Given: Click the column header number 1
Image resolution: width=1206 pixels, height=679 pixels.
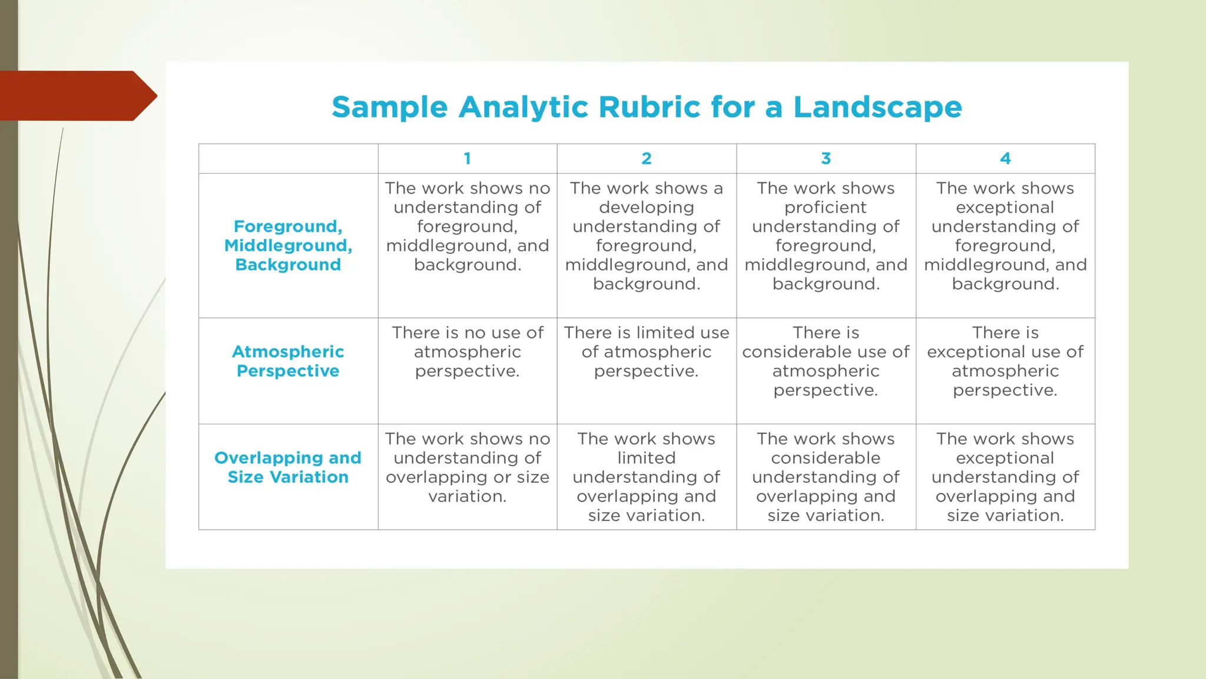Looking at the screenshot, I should tap(467, 159).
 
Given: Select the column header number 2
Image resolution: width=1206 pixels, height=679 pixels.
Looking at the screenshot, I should tap(647, 159).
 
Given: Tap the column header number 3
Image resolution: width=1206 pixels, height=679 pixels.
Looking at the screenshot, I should tap(826, 159).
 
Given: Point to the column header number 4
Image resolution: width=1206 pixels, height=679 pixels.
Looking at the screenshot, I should tap(1005, 159).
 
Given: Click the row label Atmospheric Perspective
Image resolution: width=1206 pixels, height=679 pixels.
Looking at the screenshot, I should tap(288, 361).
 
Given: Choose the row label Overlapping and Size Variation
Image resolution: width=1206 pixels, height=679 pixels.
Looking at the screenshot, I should tap(288, 467).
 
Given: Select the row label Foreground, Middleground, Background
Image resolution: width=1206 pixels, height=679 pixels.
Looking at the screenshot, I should tap(288, 246).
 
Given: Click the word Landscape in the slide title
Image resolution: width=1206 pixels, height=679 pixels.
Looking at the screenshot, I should tap(877, 107).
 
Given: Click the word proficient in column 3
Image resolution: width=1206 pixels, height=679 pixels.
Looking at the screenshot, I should tap(826, 207).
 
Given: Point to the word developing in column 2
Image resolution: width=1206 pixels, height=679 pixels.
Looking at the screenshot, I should tap(647, 207).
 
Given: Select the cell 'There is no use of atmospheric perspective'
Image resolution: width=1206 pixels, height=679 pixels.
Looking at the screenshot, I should tap(468, 352).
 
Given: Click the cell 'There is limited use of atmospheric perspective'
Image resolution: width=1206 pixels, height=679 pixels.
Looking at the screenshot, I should tap(647, 352).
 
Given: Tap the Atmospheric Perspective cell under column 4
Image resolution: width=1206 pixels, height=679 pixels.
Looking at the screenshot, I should tap(1005, 361).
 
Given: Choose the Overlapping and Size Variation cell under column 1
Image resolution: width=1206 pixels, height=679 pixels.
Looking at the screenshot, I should tap(468, 467).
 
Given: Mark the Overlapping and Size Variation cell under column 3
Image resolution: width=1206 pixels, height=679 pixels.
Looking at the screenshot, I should tap(826, 477).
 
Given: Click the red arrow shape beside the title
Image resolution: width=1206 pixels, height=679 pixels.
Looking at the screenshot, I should tap(77, 95).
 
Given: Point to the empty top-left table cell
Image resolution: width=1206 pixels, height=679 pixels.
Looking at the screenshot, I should tap(288, 159).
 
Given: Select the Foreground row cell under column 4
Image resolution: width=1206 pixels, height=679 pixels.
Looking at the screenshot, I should tap(1005, 236).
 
